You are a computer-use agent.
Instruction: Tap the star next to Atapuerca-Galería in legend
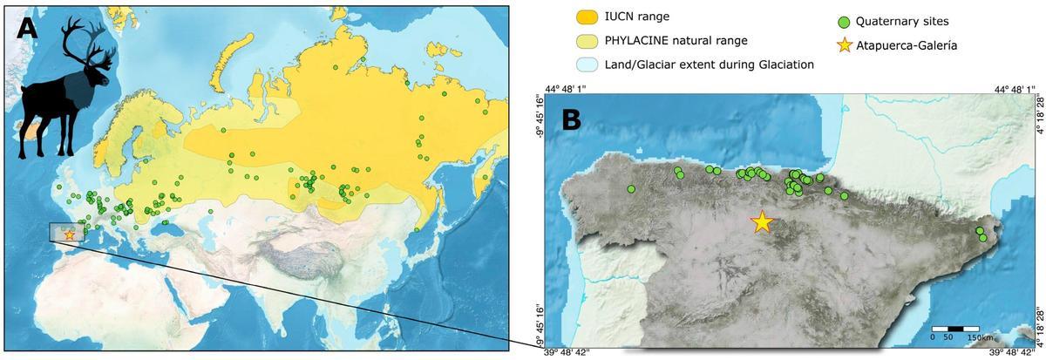tap(844, 45)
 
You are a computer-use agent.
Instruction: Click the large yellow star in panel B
tap(762, 222)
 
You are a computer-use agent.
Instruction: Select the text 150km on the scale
tap(981, 337)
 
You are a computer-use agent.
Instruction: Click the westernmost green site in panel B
tap(631, 189)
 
